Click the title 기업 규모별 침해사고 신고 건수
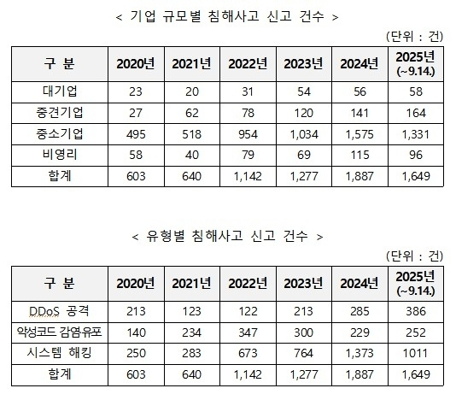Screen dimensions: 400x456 pos(227,17)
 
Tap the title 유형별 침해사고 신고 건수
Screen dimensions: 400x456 pos(227,233)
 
